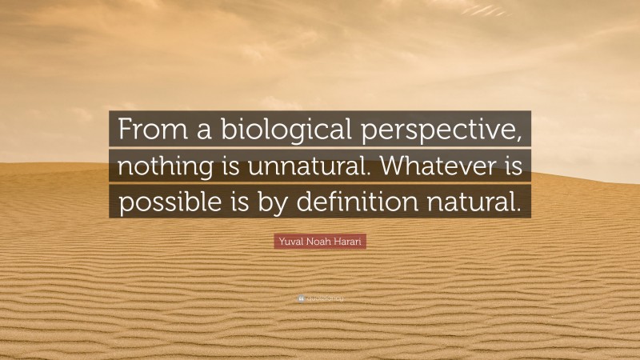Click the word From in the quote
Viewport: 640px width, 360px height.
click(146, 129)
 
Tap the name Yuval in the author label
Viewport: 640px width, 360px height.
click(292, 240)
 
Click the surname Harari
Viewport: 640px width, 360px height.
click(350, 240)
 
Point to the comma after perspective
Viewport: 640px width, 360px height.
click(524, 138)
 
